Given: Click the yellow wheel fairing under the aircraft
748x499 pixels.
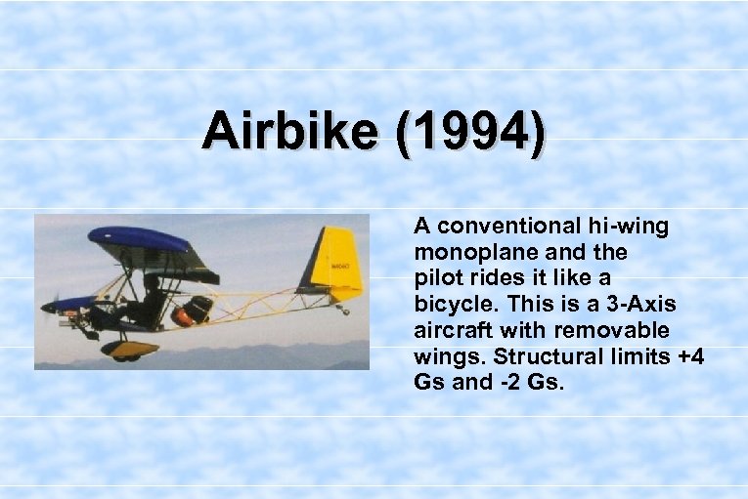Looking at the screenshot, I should pos(129,348).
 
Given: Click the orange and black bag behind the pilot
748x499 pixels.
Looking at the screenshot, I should pos(193,312).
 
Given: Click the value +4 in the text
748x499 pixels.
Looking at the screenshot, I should pos(689,355).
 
